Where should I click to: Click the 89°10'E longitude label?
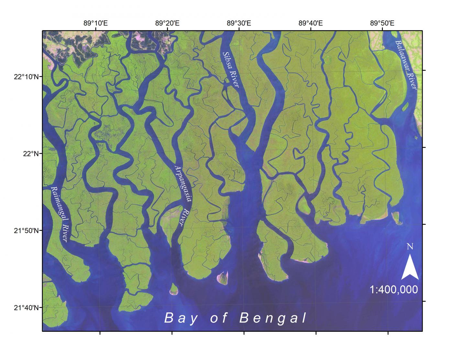coord(95,23)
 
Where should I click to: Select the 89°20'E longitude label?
coord(167,23)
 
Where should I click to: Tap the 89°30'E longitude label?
coord(239,23)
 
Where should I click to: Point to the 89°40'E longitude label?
coord(311,23)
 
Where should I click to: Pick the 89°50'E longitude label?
coord(382,23)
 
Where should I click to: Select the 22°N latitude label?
coord(31,153)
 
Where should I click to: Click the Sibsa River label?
coord(231,70)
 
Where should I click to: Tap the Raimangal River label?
coord(60,214)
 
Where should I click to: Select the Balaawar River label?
coord(406,64)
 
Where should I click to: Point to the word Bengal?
coord(273,318)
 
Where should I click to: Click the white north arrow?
coord(410,267)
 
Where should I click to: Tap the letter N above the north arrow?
coord(410,247)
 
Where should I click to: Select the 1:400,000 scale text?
coord(394,289)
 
